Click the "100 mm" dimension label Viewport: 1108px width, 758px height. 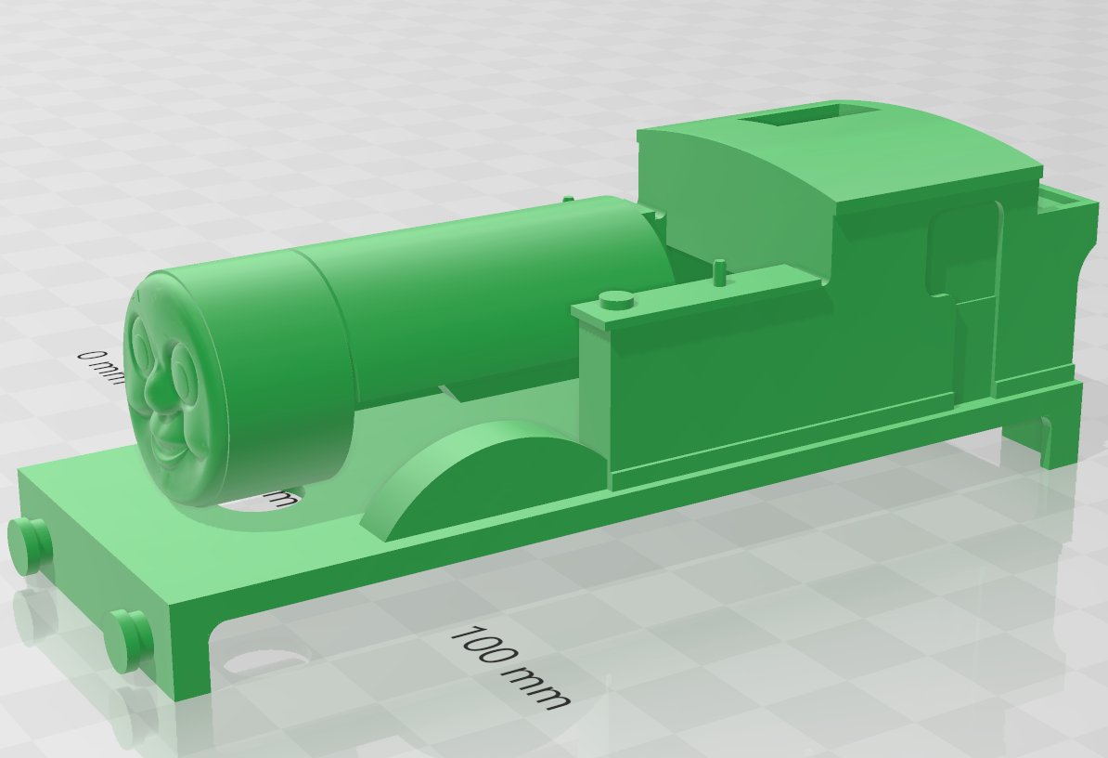pos(509,668)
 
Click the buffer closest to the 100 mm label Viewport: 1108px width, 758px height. pos(128,641)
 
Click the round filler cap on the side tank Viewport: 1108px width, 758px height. pos(616,300)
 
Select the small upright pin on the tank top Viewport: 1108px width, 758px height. pos(719,272)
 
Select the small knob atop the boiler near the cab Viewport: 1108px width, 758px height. pos(568,199)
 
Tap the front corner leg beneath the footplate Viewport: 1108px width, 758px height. pos(190,650)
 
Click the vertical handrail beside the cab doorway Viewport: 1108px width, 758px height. pos(998,297)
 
